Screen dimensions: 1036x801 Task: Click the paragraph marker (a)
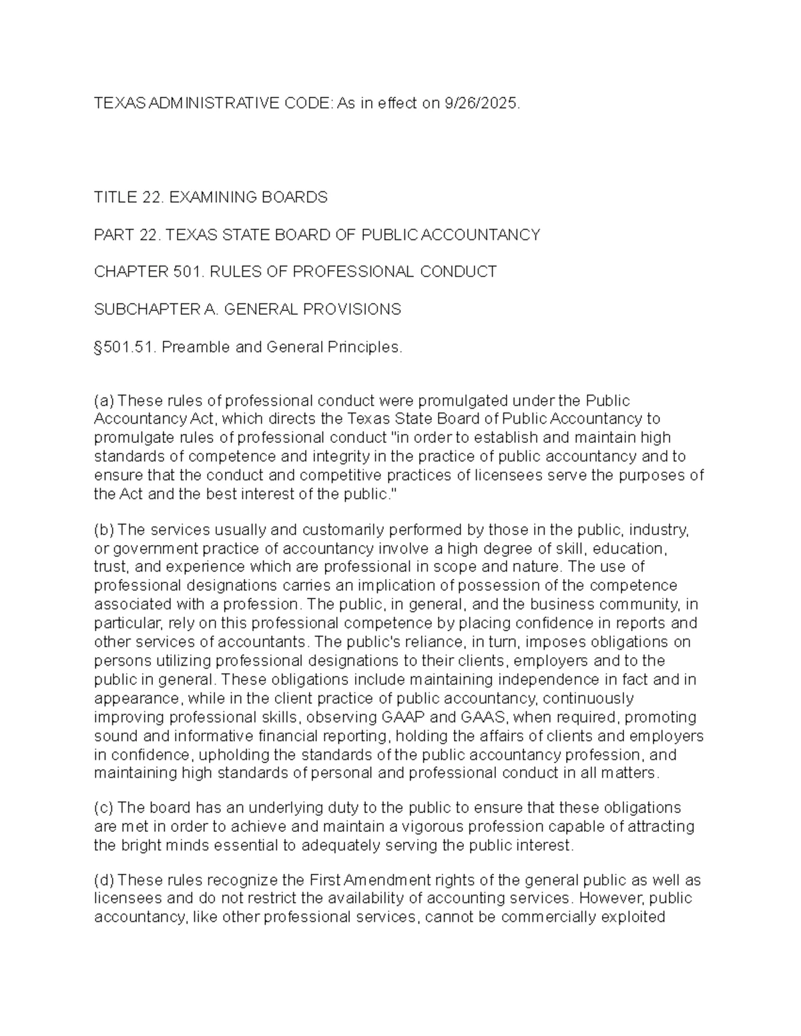point(104,400)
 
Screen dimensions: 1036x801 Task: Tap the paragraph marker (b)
point(104,530)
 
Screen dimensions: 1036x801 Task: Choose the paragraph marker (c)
point(104,808)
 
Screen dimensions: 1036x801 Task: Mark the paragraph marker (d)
point(104,880)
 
